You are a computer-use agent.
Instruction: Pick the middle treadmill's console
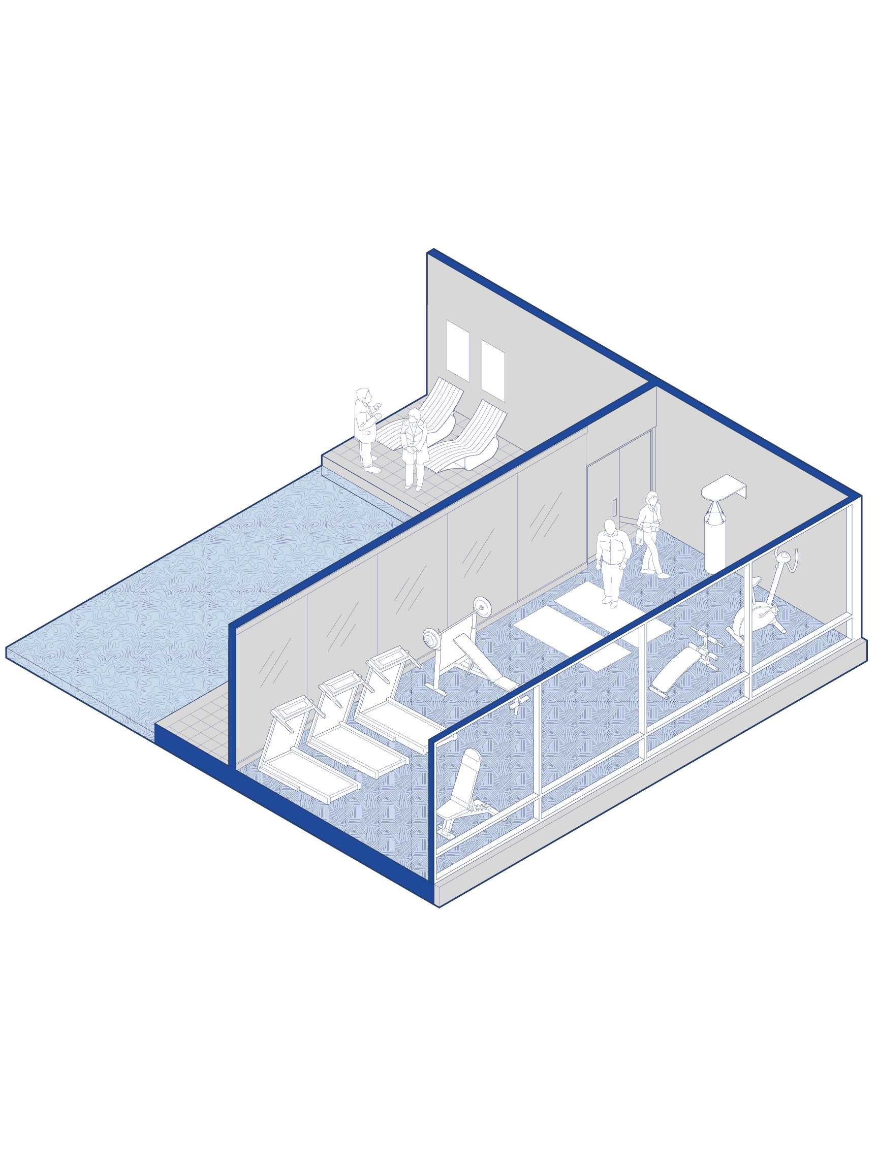[336, 682]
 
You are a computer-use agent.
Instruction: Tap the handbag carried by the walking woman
[640, 539]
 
